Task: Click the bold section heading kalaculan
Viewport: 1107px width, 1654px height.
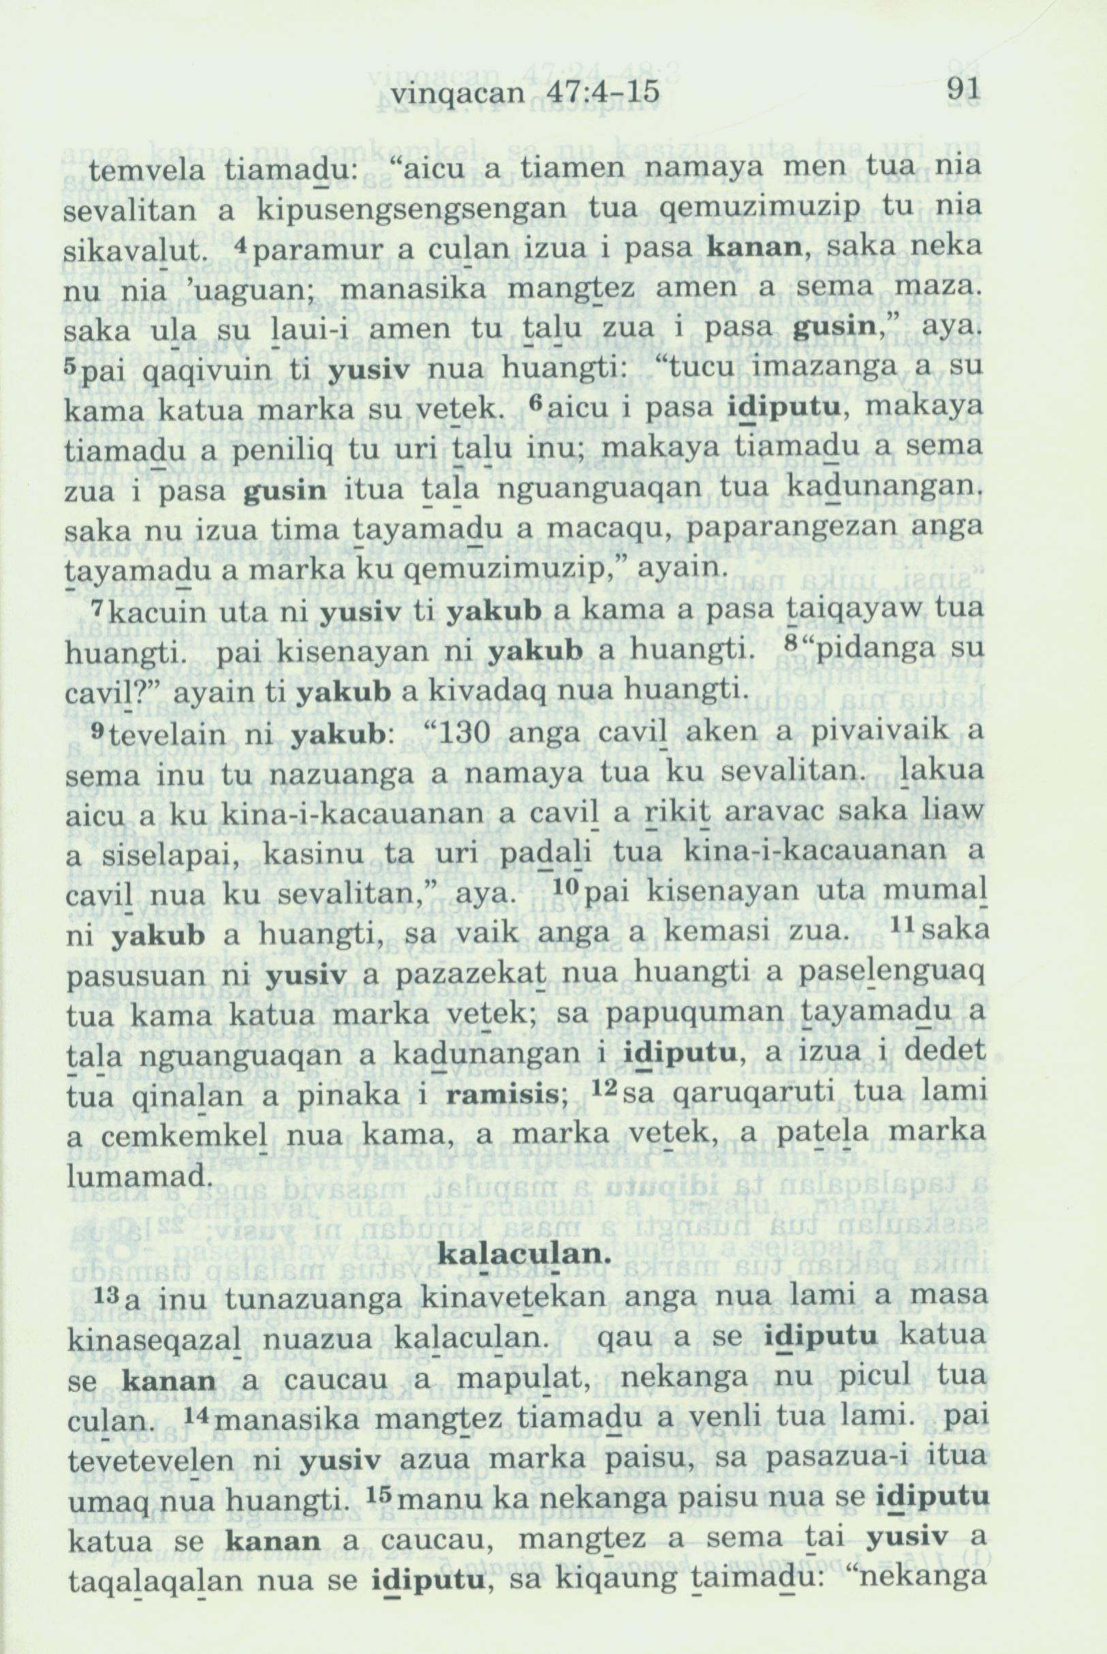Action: [523, 1253]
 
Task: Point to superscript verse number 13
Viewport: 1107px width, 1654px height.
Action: [100, 1291]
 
